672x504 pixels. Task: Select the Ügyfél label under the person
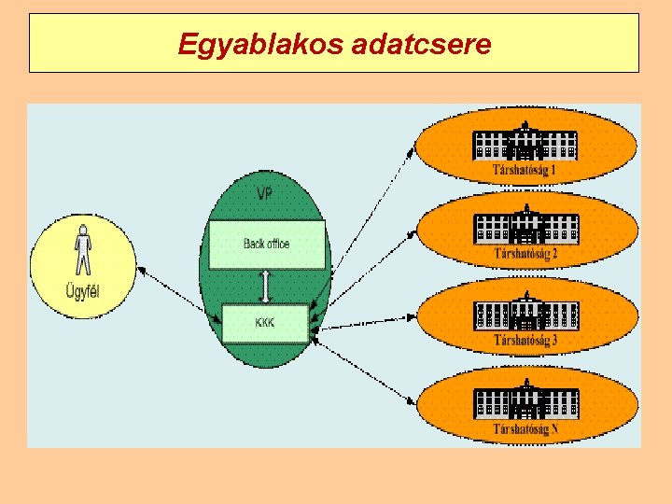pos(83,291)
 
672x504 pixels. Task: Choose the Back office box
pos(267,245)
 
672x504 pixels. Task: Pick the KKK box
pos(266,323)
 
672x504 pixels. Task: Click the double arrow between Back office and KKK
pos(267,287)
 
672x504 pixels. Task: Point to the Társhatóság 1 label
pos(525,171)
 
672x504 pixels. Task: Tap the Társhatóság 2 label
pos(525,253)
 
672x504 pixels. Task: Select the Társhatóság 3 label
pos(525,340)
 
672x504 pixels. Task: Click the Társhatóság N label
pos(525,429)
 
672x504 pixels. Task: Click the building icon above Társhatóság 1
pos(525,142)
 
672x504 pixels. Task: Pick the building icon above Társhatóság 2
pos(526,225)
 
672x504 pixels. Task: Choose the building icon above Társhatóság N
pos(526,399)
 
